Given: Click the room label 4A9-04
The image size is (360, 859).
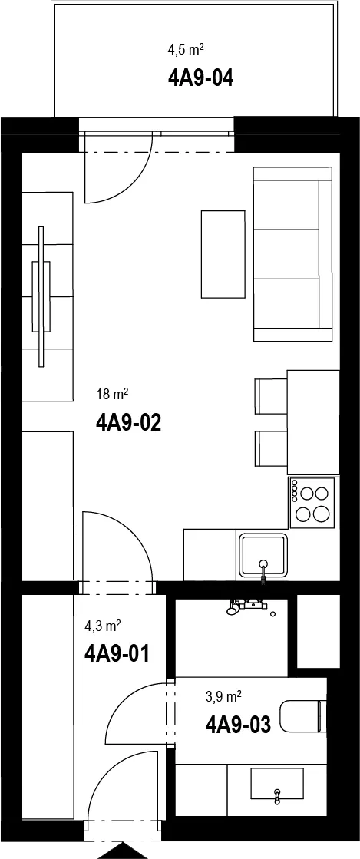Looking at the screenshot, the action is pos(200,78).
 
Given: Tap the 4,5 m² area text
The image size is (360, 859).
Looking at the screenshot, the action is pos(186,51).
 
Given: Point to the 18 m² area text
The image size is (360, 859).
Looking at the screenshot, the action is pos(112,393).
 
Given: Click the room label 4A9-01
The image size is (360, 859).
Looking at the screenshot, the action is pos(117,653).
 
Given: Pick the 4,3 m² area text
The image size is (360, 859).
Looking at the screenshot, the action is pos(102,625).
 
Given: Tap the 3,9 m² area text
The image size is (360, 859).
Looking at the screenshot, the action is pos(223,696).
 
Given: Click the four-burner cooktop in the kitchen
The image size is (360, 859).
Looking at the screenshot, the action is pos(312,503).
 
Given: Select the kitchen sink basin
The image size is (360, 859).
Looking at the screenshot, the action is pos(263,555).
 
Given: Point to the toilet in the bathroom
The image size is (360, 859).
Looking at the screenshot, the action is pos(303,716).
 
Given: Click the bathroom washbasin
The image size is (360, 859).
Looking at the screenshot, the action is pos(276,784).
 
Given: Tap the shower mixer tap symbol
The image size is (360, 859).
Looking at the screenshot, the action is pos(247,606).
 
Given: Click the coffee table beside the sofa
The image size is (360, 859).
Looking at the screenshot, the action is pos(223,254).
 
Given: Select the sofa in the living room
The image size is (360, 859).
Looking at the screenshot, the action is pos(292,254).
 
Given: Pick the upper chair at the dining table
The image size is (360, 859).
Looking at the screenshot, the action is pos(271,396).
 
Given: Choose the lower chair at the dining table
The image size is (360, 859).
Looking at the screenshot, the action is pos(271,448).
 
